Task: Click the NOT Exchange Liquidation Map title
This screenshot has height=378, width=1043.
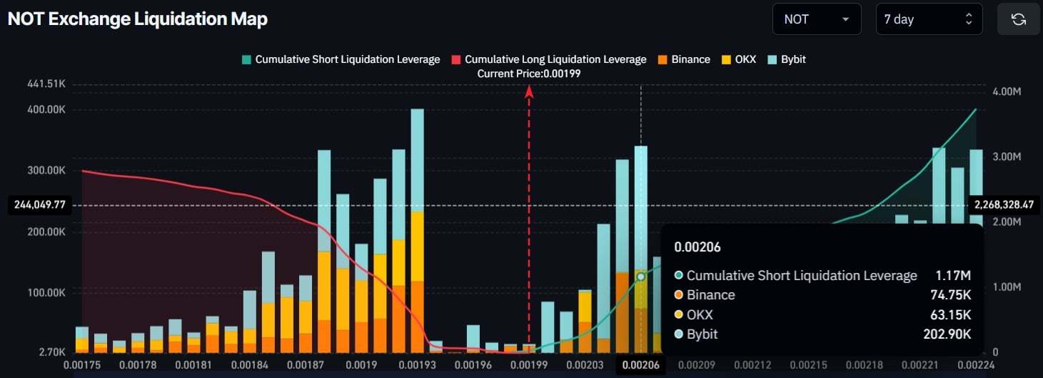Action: point(138,19)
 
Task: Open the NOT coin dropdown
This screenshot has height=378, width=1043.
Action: point(817,19)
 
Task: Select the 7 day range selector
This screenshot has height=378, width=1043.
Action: point(929,19)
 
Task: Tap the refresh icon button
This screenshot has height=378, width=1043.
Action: point(1018,19)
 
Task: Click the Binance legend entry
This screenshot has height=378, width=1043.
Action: point(684,59)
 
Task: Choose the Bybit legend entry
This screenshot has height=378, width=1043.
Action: point(787,59)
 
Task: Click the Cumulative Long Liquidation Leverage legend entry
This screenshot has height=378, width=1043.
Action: point(549,59)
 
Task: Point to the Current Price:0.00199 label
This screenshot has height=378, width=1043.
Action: point(529,74)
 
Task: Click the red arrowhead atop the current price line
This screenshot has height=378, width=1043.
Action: point(529,91)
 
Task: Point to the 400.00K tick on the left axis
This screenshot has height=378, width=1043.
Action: point(46,109)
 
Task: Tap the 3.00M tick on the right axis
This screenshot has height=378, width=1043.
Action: point(1007,156)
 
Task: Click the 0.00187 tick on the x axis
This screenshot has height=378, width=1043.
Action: point(306,364)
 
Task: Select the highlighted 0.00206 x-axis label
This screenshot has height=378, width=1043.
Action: point(640,364)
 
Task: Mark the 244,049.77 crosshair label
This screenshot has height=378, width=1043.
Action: point(39,205)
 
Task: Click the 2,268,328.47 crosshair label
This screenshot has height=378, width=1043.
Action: point(1004,205)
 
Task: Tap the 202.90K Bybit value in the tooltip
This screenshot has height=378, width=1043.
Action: point(947,334)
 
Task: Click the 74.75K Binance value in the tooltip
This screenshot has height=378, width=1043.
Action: point(950,295)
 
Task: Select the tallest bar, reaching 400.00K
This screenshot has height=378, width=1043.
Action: point(417,231)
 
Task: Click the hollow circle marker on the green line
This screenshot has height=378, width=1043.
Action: point(640,277)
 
